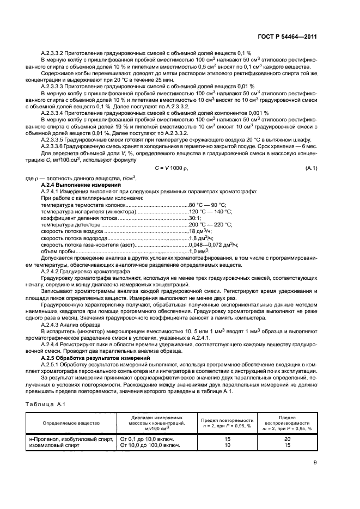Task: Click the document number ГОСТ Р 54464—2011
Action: point(291,36)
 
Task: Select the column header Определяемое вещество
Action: point(71,422)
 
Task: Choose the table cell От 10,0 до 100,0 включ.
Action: point(151,445)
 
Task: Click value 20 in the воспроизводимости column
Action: point(287,439)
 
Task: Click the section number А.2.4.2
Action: point(50,271)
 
